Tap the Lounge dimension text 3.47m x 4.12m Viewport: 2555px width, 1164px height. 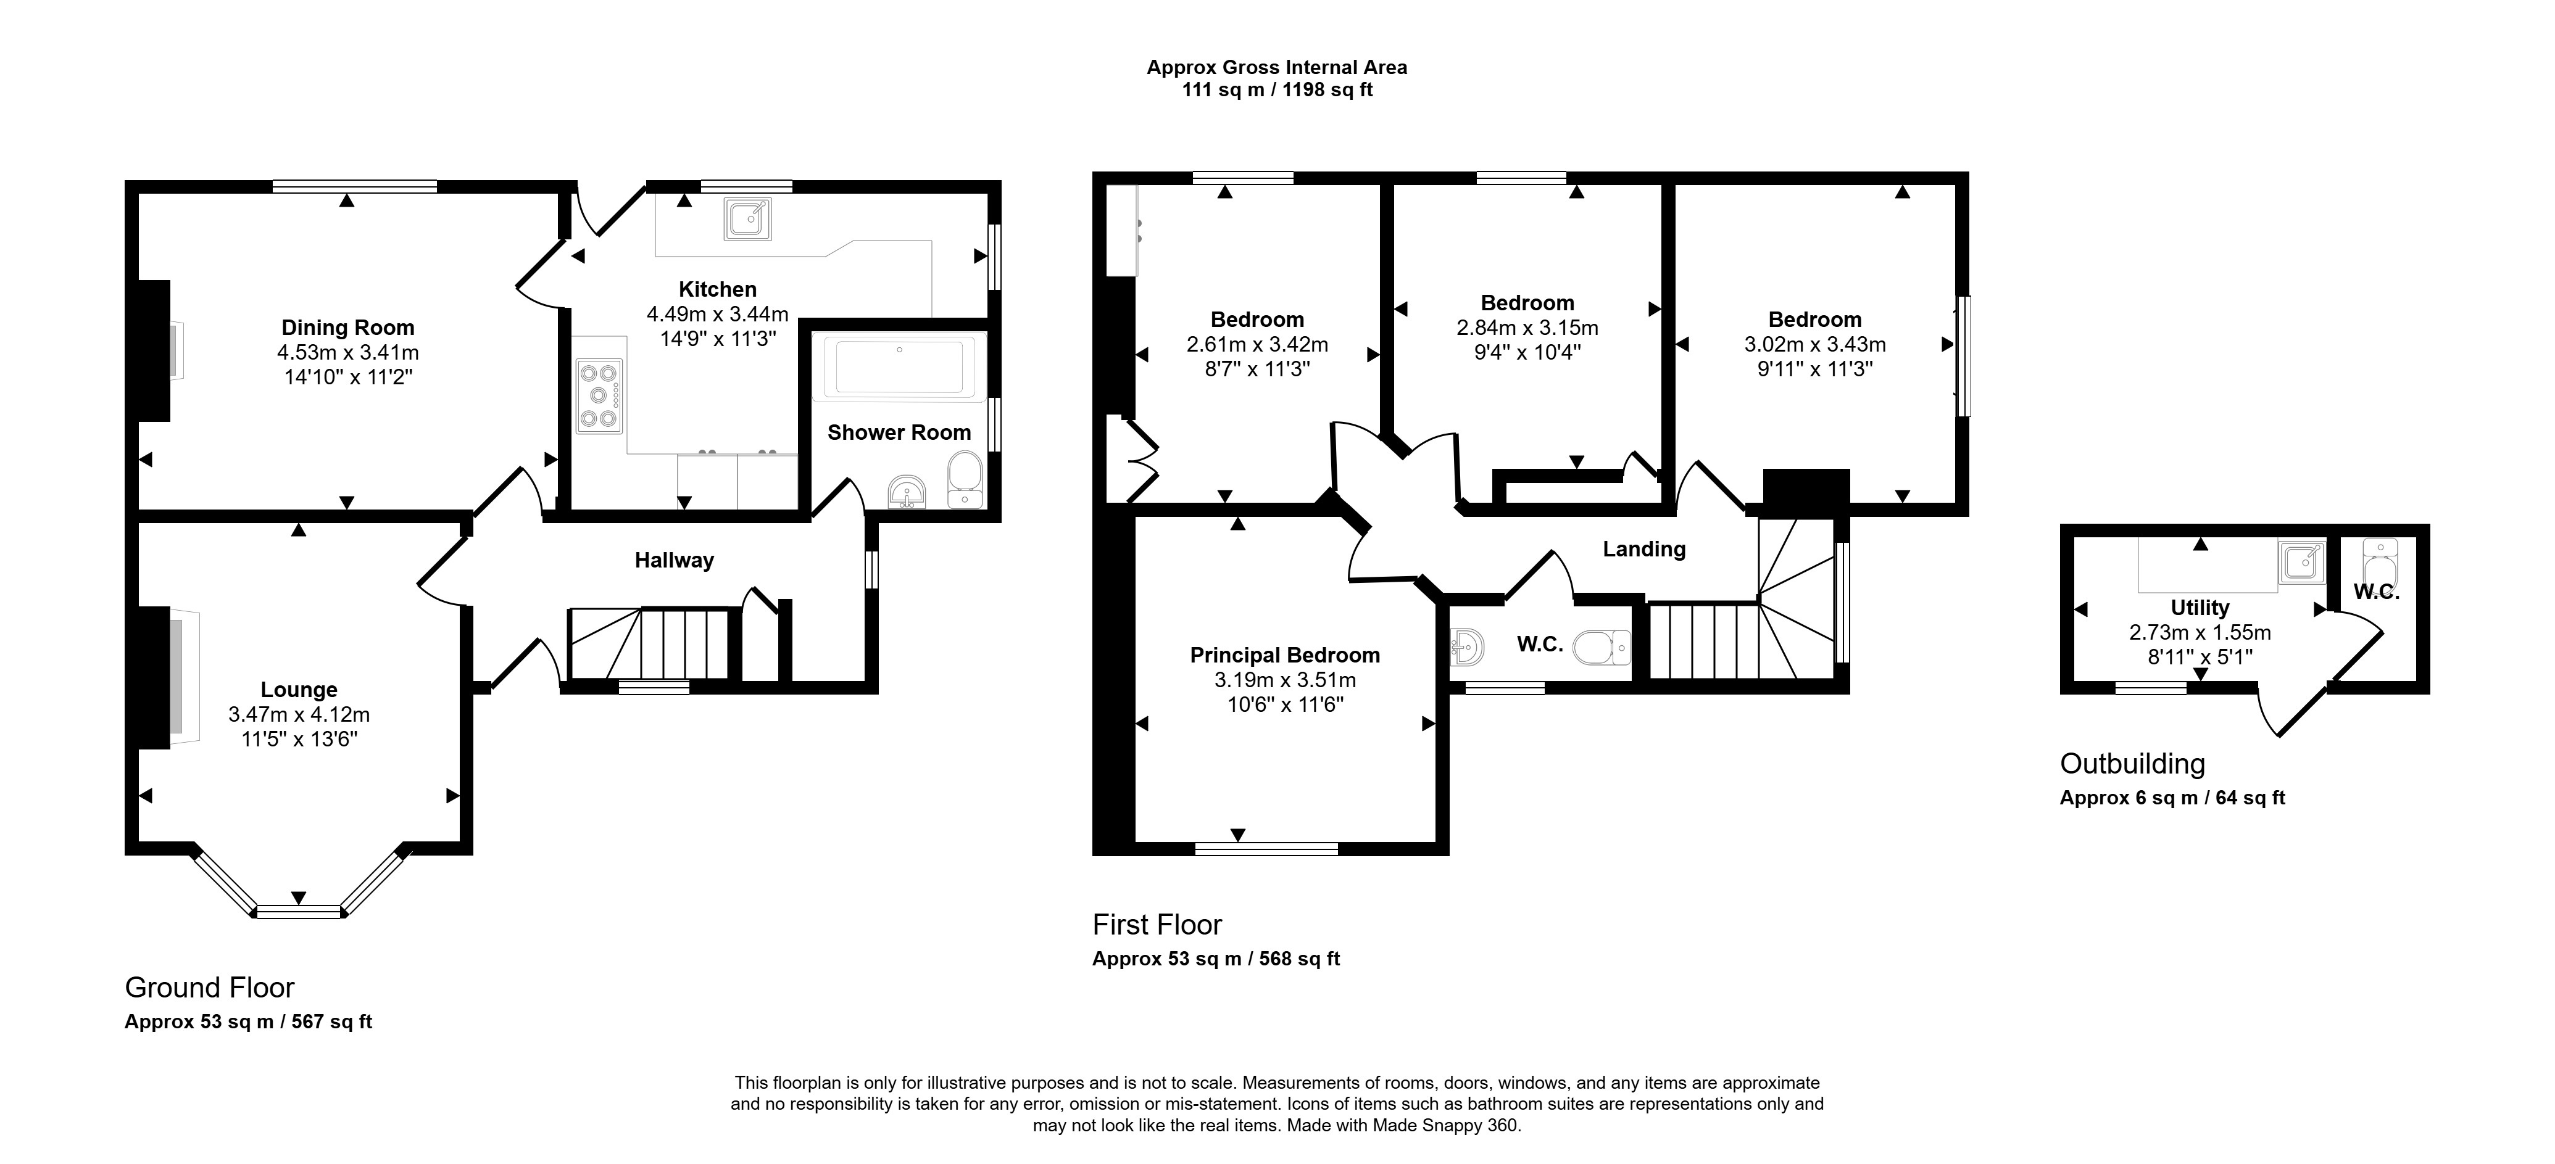pos(299,714)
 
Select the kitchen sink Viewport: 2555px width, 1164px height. pos(748,219)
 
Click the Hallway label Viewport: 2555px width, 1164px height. pos(675,560)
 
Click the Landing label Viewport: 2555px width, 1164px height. pos(1643,549)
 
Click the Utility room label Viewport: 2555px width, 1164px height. pos(2200,608)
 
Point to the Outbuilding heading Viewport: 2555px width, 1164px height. pos(2132,764)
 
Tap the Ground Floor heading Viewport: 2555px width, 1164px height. pos(209,988)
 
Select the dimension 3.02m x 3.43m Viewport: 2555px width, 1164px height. pos(1815,344)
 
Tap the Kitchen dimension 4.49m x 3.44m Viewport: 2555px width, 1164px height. pos(717,315)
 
